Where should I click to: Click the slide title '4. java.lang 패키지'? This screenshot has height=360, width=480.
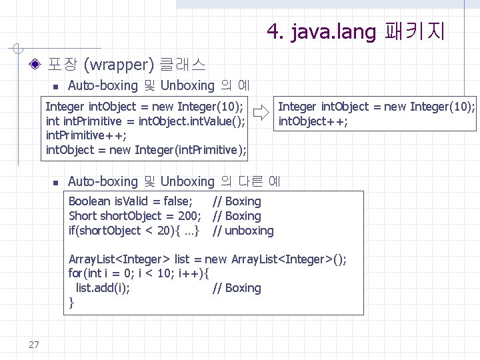coord(355,31)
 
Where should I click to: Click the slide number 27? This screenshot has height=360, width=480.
coord(34,344)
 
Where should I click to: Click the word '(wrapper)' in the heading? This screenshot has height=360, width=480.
coord(120,65)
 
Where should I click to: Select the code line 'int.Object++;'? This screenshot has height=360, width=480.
coord(313,121)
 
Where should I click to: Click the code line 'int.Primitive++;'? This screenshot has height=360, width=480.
coord(86,135)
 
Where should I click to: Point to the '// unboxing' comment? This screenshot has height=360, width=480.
coord(243,231)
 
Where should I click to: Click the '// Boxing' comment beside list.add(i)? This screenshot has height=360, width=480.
coord(237,288)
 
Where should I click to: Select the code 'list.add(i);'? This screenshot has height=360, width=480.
coord(103,288)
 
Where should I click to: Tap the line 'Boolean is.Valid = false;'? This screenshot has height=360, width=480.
coord(131,201)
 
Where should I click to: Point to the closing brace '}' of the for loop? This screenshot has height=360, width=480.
coord(71,303)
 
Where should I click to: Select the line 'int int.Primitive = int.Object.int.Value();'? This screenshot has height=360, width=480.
coord(145,121)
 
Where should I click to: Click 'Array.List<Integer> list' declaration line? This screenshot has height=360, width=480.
coord(207,259)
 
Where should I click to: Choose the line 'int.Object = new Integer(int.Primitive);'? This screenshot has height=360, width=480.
coord(145,150)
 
